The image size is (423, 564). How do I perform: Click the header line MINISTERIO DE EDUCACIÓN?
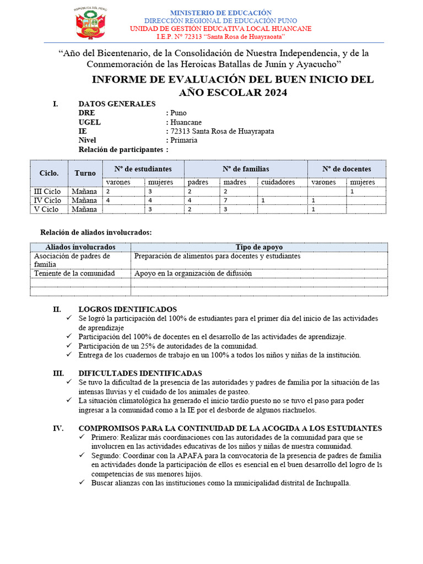[x=220, y=12]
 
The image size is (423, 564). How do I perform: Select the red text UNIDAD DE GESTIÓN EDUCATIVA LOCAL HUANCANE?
[x=220, y=29]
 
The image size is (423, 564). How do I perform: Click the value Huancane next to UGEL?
[x=186, y=122]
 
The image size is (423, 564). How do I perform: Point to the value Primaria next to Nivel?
[x=184, y=140]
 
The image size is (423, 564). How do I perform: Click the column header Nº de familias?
[x=246, y=169]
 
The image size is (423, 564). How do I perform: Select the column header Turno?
[x=85, y=173]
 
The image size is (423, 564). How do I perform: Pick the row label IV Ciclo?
[x=48, y=200]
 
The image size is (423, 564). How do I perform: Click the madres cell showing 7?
[x=225, y=200]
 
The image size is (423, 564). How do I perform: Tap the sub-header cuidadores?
[x=278, y=182]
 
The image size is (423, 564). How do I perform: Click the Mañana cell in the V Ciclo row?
[x=84, y=209]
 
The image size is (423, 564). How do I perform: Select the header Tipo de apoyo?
[x=259, y=247]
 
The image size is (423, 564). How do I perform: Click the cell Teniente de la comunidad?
[x=74, y=273]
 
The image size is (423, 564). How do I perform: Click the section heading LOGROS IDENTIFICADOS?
[x=128, y=310]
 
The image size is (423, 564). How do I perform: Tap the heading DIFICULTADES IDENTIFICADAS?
[x=140, y=373]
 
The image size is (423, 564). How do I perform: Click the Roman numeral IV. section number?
[x=58, y=429]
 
